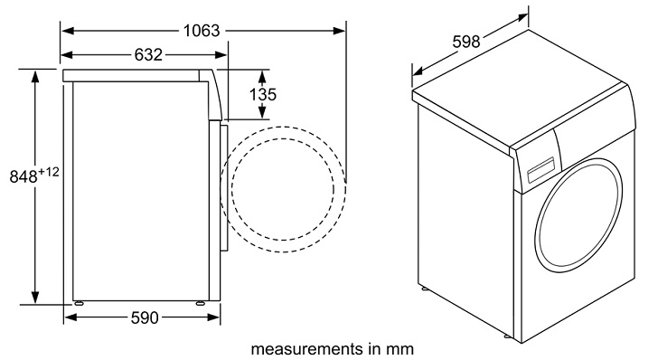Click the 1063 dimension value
tap(201, 30)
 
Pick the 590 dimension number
tap(145, 317)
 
